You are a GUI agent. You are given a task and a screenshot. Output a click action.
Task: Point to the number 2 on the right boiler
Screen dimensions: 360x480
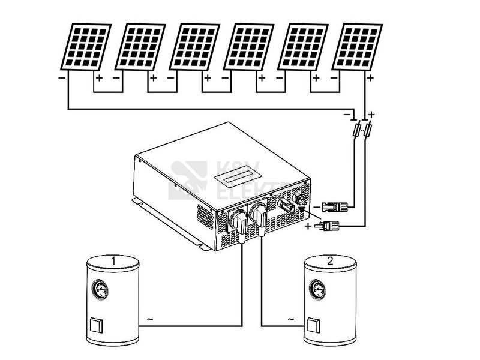coord(329,261)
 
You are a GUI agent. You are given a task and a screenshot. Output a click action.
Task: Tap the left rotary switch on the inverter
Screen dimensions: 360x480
coord(239,221)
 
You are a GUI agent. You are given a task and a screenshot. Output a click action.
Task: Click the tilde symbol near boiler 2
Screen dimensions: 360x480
coord(292,319)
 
